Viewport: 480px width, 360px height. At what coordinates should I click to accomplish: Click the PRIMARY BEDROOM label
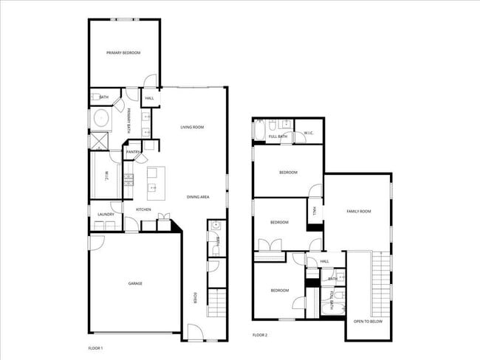[x=123, y=53]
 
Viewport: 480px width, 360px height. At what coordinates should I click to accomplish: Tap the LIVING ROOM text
[x=192, y=128]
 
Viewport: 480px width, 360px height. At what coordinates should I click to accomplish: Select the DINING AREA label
[x=198, y=197]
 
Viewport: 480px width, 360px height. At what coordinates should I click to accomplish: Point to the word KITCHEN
[x=143, y=210]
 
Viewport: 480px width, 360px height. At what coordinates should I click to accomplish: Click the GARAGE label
[x=134, y=283]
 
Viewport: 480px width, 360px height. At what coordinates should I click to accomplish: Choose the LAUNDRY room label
[x=106, y=215]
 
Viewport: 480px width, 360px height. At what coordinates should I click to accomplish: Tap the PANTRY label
[x=134, y=152]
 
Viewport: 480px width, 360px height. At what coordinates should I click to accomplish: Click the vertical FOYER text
[x=195, y=298]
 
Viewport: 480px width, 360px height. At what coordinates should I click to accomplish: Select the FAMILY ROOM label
[x=359, y=212]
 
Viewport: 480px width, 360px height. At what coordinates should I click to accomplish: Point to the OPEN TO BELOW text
[x=367, y=322]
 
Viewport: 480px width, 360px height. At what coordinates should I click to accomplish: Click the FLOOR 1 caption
[x=96, y=347]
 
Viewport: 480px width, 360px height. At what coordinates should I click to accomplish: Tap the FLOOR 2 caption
[x=259, y=335]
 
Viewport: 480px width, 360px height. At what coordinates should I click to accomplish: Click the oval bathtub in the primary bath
[x=99, y=119]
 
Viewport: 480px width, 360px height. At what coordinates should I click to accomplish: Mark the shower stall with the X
[x=98, y=140]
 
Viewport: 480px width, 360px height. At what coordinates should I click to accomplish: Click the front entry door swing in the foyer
[x=195, y=333]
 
